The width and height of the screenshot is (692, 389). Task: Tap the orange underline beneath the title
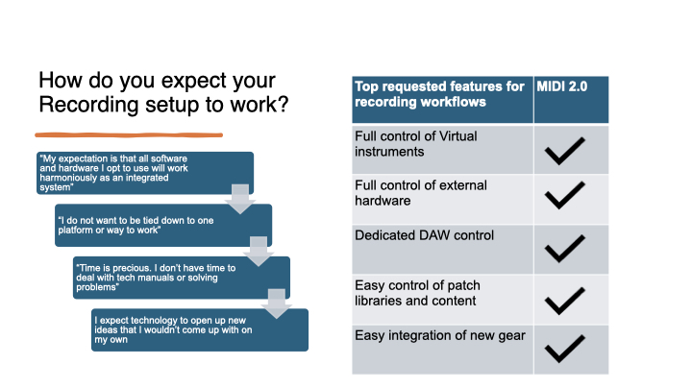click(129, 134)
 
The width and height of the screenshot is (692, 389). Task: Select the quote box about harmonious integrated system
click(144, 173)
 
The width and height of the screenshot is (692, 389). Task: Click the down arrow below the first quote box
click(238, 199)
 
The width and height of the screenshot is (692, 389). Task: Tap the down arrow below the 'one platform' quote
click(258, 251)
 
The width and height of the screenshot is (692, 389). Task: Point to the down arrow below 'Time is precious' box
click(276, 303)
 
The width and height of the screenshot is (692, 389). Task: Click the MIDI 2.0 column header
click(571, 100)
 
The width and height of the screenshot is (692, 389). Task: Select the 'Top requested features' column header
click(442, 100)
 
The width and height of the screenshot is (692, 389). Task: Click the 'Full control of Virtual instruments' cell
click(442, 149)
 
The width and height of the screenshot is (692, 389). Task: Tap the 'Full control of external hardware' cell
click(442, 199)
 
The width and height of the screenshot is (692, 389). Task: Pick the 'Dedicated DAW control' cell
click(442, 249)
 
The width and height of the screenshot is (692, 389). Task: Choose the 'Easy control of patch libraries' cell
click(442, 299)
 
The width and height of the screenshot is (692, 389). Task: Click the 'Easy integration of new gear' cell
click(442, 349)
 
